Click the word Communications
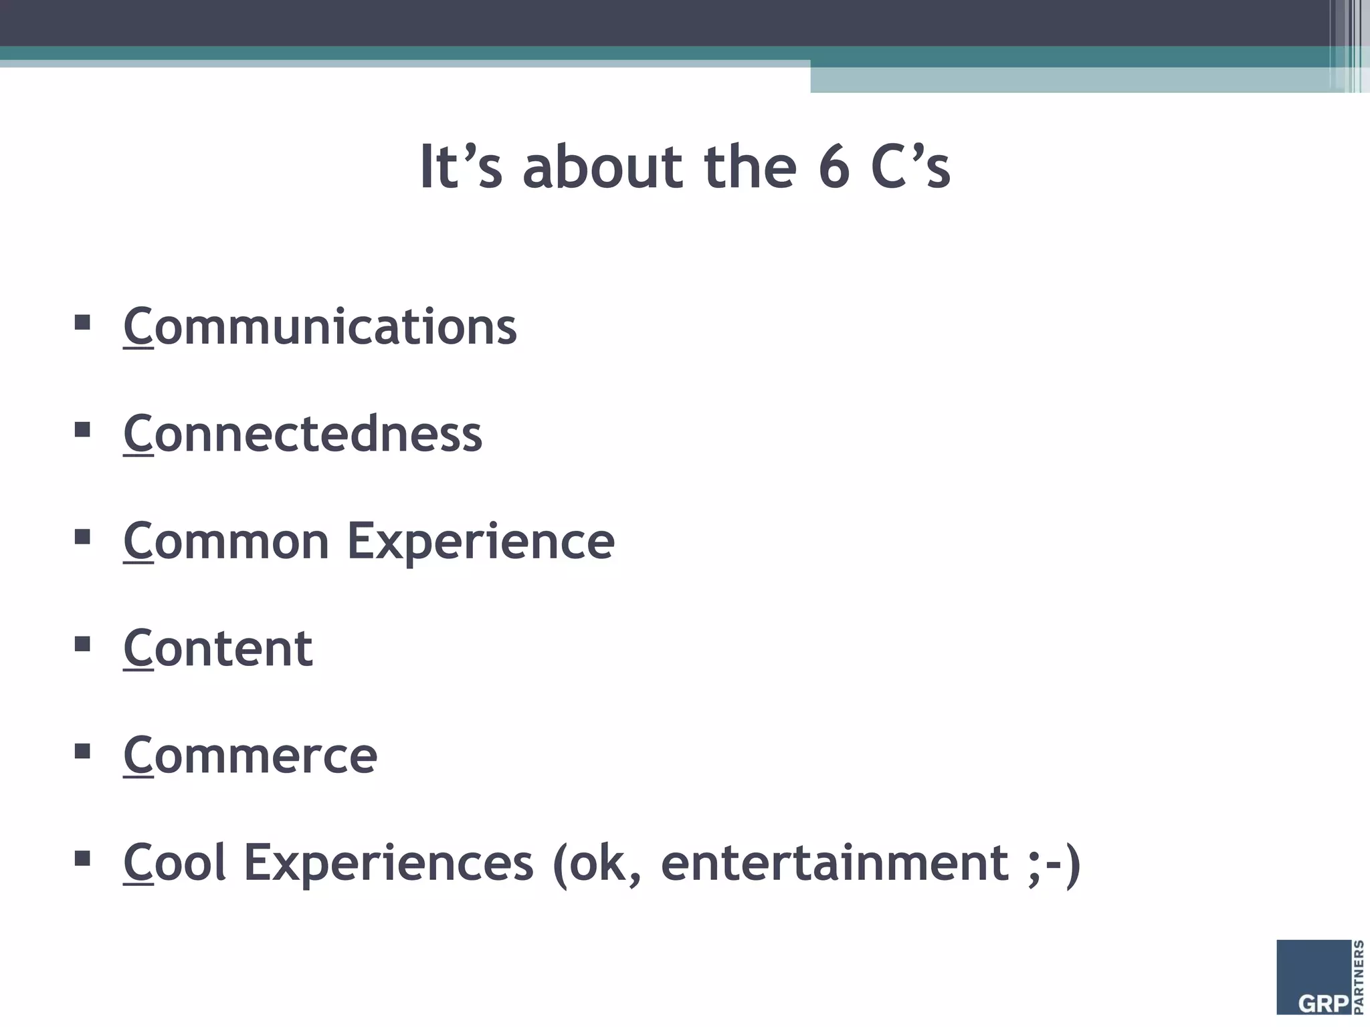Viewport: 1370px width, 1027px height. click(x=320, y=327)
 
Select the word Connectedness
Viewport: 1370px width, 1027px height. click(x=302, y=434)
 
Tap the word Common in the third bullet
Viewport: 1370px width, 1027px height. click(x=226, y=541)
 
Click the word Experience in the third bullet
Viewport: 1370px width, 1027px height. click(x=480, y=541)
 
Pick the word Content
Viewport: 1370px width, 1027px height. click(x=218, y=648)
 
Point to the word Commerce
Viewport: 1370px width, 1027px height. click(x=250, y=756)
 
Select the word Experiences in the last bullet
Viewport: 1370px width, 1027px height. click(x=388, y=863)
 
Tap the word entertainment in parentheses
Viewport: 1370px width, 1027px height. click(x=834, y=863)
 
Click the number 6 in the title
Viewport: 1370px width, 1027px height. click(x=834, y=167)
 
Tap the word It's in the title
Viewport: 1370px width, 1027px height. click(x=460, y=167)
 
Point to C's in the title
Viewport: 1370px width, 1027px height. click(x=910, y=167)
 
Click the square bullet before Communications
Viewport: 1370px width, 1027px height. click(x=82, y=323)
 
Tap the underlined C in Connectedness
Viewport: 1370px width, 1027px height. click(x=138, y=434)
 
